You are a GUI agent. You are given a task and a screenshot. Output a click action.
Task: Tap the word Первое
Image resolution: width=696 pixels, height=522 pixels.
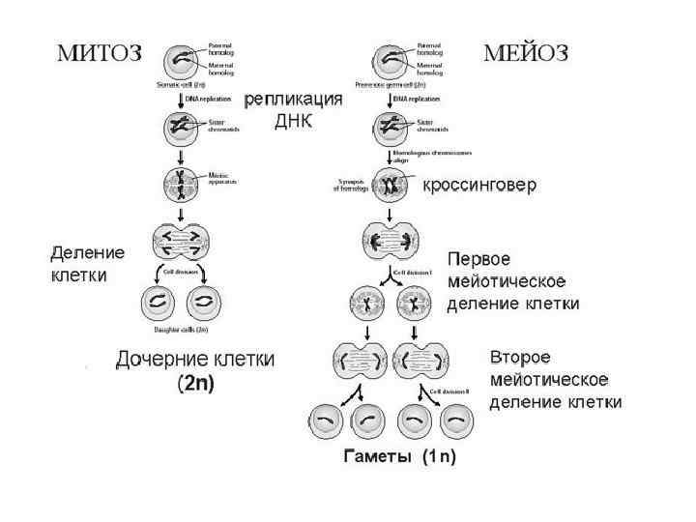[x=477, y=260]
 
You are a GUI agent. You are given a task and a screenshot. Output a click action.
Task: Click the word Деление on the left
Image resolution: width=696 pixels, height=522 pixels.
[x=88, y=252]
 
